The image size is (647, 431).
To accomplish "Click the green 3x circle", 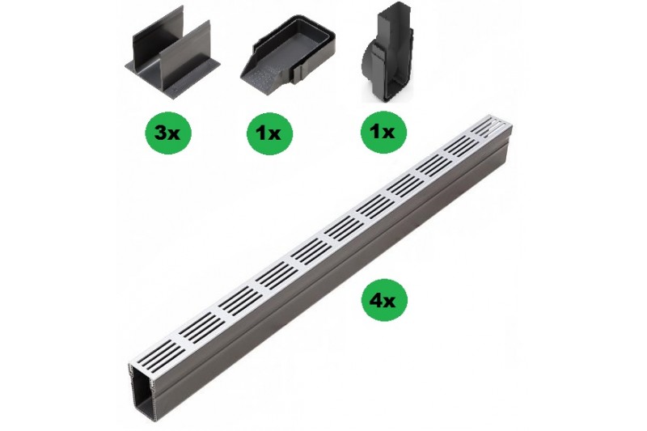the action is pos(168,133).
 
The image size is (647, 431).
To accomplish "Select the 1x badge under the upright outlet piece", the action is pos(383,132).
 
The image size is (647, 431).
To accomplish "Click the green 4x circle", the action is pos(384,301).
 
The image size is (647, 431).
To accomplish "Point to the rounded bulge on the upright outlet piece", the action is pos(369,67).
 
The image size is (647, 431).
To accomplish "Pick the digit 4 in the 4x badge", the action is pos(378,301).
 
